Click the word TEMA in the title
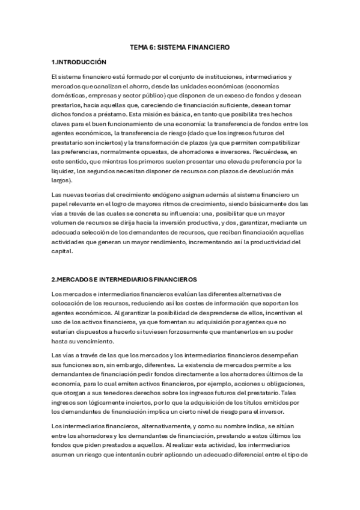(x=139, y=46)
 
